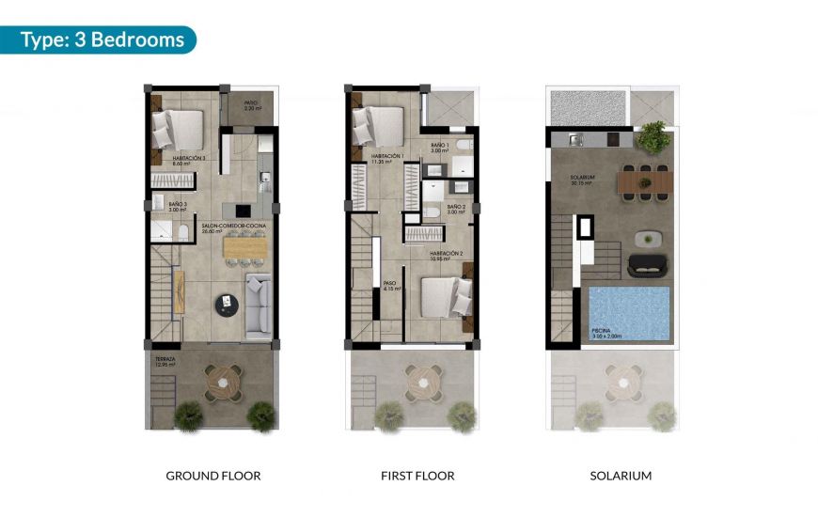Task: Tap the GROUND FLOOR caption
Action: point(213,476)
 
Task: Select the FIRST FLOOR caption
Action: point(417,476)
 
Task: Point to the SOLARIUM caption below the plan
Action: point(621,476)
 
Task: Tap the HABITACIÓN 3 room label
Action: point(189,159)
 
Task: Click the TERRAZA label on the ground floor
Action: point(166,360)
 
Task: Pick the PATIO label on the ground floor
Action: point(251,105)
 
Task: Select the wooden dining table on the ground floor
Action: point(244,247)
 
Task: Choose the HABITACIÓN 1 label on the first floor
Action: point(387,158)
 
